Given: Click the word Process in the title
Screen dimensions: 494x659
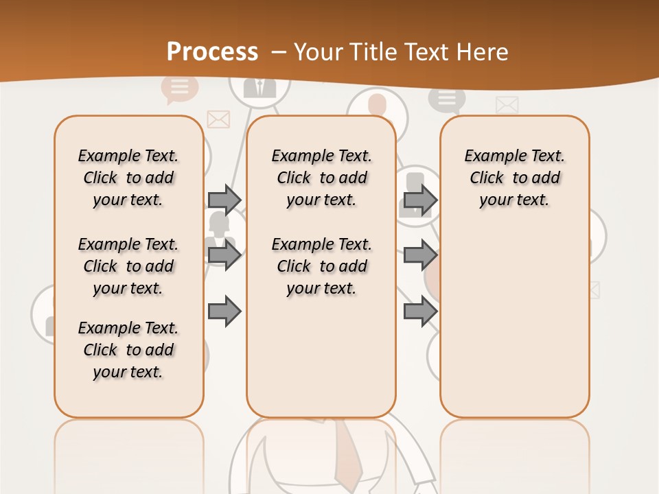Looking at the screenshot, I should pos(212,52).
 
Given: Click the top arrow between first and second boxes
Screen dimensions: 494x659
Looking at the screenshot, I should pos(224,200).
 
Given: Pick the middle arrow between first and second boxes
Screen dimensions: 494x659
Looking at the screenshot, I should pos(224,256).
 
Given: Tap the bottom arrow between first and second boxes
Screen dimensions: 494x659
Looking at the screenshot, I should pos(224,312).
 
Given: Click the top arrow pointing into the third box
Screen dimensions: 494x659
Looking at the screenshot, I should pos(420,200).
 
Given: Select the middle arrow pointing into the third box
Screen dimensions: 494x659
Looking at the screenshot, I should pos(420,256).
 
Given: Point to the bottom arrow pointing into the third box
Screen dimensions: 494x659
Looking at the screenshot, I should pos(420,312).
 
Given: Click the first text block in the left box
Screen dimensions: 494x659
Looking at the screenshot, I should pos(128,178).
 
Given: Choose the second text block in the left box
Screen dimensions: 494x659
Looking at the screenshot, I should pos(128,266).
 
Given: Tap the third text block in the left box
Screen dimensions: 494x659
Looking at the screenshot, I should pos(128,350).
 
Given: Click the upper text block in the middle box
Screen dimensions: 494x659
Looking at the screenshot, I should pos(321,178).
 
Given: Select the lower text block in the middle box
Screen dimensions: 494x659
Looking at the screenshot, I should pos(321,266).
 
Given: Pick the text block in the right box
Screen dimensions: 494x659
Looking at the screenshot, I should pos(514,178).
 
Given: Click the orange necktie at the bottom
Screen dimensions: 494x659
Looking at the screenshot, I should pos(347,453).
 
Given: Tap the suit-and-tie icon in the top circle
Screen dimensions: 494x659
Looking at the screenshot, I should pos(259,88).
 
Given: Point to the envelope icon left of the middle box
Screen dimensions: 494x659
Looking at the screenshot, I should pos(218,120).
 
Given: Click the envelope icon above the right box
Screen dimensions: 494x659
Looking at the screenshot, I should pos(507,105).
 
